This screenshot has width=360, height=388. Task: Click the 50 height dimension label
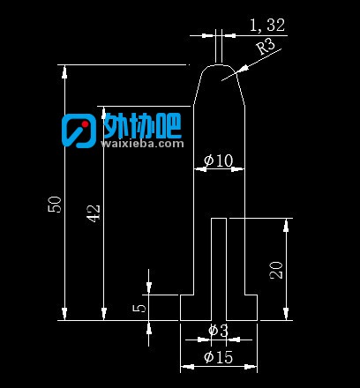pos(55,205)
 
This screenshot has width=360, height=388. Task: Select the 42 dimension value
pos(94,213)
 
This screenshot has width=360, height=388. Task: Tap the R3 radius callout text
pos(266,47)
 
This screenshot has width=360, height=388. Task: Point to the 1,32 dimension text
pos(267,25)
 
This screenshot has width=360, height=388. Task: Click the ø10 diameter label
pos(218,160)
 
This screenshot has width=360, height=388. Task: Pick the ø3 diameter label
pos(218,331)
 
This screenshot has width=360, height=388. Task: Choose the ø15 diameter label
pos(218,357)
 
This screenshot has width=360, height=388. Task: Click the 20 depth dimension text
pos(276,270)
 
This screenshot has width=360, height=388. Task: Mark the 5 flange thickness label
pos(139,308)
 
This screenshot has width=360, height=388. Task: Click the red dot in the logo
pos(85,124)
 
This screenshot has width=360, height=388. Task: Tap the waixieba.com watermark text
pos(142,144)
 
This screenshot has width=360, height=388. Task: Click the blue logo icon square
pos(79,131)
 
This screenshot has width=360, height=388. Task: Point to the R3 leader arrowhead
pos(243,70)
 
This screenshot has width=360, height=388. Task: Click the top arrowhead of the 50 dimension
pos(65,71)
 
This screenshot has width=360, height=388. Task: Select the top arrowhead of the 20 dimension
pos(286,225)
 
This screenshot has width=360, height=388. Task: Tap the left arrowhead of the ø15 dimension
pos(187,367)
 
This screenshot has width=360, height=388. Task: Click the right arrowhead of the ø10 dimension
pos(237,169)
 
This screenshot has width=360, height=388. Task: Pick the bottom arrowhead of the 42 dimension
pos(104,313)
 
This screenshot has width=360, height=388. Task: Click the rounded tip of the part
pos(219,65)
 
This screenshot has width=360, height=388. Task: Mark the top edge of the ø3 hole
pos(219,219)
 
